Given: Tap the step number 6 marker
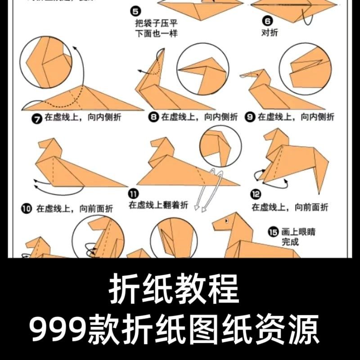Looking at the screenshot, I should (267, 21).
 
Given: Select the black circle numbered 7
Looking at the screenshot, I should (36, 118).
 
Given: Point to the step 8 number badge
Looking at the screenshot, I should (154, 117).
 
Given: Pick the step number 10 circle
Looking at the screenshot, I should (27, 208).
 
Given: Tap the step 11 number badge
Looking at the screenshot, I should (133, 194).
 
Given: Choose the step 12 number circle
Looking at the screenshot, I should (256, 194).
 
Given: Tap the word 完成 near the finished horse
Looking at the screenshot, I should (290, 243).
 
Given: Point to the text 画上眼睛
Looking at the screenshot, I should (299, 232).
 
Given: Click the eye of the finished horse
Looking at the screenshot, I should (226, 220).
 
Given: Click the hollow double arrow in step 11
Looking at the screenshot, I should (209, 189).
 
